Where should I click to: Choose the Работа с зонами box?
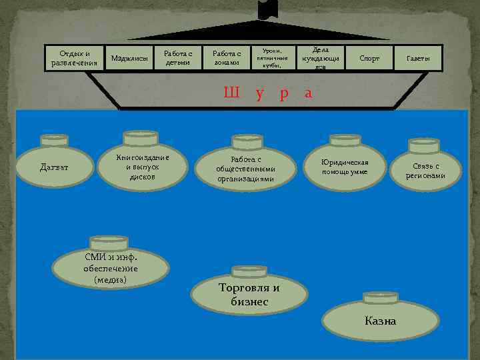(x=226, y=58)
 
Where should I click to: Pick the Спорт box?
(x=369, y=58)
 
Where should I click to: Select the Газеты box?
(x=419, y=58)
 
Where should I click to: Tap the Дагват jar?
(x=54, y=167)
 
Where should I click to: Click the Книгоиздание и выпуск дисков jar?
(x=142, y=167)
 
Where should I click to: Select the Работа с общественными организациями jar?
(x=246, y=169)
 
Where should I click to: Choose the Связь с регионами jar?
(x=426, y=171)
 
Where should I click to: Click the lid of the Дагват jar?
(x=54, y=140)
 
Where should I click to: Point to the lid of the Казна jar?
(x=380, y=296)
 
